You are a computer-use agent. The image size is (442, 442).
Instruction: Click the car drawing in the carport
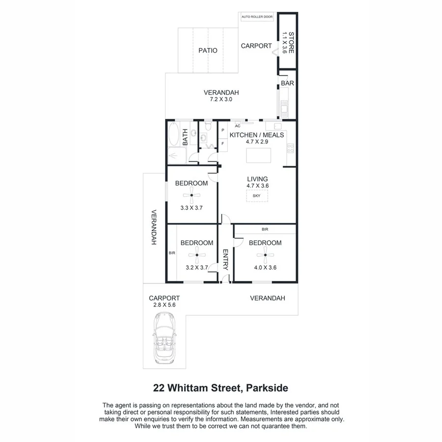(165, 338)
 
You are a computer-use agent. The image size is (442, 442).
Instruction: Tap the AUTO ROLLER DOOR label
(257, 17)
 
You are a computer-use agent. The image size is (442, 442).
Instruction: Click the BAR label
(287, 83)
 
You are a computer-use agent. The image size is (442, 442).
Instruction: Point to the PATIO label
(208, 50)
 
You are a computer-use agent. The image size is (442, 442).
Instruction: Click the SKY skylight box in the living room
(256, 196)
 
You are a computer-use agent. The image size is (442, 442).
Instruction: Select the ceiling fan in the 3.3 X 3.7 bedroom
(192, 196)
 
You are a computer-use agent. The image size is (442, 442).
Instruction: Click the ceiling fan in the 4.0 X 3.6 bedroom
(265, 254)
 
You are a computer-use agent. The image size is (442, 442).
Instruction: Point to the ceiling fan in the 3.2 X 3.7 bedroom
(196, 255)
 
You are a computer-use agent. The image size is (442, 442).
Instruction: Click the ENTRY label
(225, 260)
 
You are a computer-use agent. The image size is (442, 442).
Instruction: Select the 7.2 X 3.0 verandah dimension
(221, 99)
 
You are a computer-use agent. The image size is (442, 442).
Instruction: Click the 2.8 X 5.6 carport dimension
(164, 305)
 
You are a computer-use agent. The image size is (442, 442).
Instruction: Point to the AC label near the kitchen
(237, 125)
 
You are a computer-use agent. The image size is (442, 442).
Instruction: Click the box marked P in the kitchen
(223, 130)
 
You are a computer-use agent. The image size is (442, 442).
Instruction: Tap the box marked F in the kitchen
(223, 143)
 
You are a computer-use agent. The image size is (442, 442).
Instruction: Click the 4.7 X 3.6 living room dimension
(257, 186)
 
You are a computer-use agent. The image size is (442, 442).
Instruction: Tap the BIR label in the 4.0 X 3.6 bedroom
(265, 229)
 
